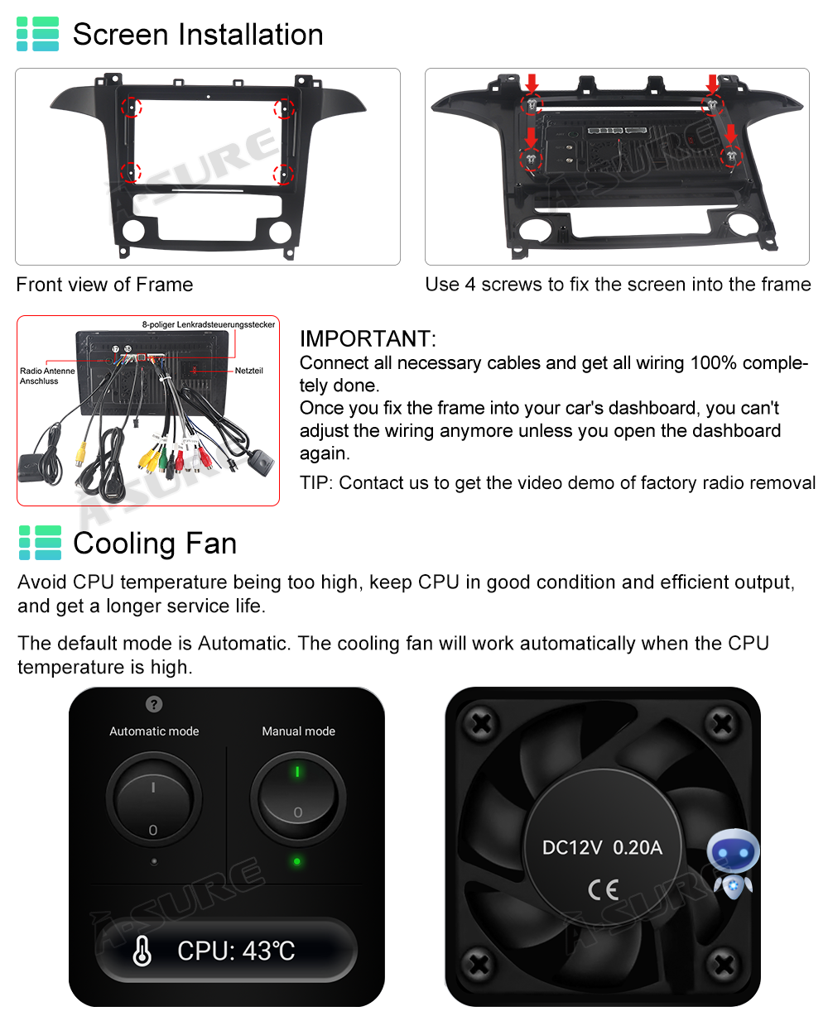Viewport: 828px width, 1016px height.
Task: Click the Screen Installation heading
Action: (x=198, y=35)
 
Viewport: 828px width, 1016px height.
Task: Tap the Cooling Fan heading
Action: (x=155, y=544)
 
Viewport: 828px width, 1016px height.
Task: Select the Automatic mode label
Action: (x=154, y=731)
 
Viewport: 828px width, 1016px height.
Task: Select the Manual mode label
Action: (x=298, y=731)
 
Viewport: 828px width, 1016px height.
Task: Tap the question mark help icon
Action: (x=154, y=704)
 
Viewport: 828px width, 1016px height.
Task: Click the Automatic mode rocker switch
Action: (x=154, y=798)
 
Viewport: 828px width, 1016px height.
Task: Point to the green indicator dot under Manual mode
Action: (x=297, y=861)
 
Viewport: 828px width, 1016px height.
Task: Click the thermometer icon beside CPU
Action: (x=142, y=951)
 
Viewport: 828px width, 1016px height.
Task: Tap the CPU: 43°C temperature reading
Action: (x=236, y=951)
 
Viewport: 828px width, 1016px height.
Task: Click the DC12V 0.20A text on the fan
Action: (x=602, y=847)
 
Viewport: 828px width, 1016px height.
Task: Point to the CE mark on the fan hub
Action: (x=604, y=889)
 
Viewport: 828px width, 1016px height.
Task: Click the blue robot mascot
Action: (x=733, y=865)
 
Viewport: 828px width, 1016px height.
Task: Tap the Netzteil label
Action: (x=248, y=371)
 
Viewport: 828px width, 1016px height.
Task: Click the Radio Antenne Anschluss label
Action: (x=47, y=376)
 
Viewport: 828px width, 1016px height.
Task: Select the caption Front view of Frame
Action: (x=104, y=285)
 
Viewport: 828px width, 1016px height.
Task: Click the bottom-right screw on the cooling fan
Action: (x=724, y=965)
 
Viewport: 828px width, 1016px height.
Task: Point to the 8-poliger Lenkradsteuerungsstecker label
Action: (x=209, y=324)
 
